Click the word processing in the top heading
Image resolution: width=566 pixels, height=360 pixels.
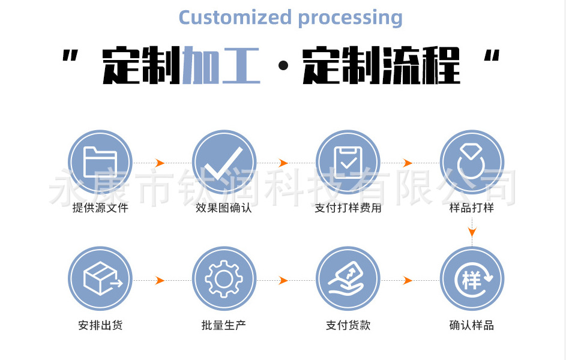pos(350,18)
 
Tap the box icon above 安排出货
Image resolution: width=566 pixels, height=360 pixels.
pos(100,279)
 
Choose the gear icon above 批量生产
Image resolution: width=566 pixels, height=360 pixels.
pos(224,279)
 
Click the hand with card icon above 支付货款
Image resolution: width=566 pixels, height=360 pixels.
pos(348,279)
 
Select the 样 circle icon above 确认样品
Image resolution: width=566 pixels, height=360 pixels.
pos(472,279)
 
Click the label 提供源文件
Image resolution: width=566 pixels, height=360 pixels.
pos(100,208)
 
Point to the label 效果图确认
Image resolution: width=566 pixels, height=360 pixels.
pos(224,208)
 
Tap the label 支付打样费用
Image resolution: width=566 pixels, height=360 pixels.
pos(348,208)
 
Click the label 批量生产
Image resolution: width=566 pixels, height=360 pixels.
pos(224,325)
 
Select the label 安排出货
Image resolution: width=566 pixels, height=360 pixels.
pos(100,325)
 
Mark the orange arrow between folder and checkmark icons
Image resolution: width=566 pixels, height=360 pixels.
pos(160,163)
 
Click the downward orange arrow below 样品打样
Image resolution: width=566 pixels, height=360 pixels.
pos(472,232)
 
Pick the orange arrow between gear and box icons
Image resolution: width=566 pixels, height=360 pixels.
pos(160,280)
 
